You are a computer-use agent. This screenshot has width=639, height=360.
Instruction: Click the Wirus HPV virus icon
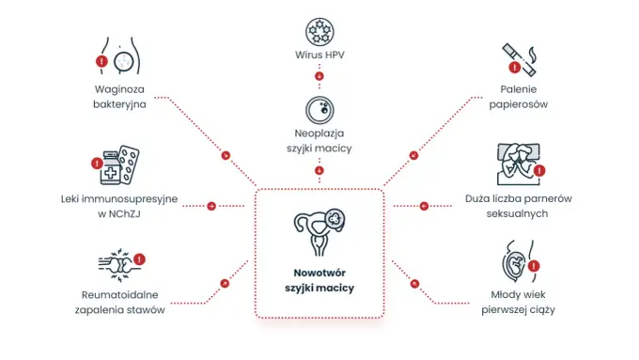[x=319, y=31]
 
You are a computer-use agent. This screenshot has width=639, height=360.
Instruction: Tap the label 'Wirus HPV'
[x=319, y=55]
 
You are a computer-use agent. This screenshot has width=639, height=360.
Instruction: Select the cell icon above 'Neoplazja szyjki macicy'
[x=319, y=110]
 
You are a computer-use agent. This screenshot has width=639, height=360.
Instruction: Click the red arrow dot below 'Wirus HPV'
[x=319, y=76]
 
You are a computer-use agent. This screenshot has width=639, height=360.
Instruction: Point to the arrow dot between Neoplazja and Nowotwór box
[x=319, y=170]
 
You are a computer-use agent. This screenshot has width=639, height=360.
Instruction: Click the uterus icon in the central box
[x=319, y=232]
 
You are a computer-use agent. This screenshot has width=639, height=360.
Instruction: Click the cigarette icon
[x=519, y=59]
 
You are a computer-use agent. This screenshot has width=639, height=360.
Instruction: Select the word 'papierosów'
[x=519, y=104]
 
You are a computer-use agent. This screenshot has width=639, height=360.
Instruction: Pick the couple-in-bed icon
[x=519, y=164]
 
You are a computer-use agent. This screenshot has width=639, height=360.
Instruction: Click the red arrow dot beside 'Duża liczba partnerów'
[x=424, y=206]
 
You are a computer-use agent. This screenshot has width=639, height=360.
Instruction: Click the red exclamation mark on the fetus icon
[x=534, y=266]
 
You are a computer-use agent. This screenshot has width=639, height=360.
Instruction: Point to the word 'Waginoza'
[x=119, y=89]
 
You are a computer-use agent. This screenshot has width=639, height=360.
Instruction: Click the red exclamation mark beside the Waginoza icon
[x=101, y=61]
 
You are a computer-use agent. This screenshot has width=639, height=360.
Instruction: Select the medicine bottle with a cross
[x=111, y=168]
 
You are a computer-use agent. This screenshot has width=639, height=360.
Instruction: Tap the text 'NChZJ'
[x=124, y=213]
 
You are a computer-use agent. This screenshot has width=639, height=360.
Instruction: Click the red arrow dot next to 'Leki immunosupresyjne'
[x=211, y=206]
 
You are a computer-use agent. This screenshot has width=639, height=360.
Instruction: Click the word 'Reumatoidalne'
[x=120, y=295]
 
